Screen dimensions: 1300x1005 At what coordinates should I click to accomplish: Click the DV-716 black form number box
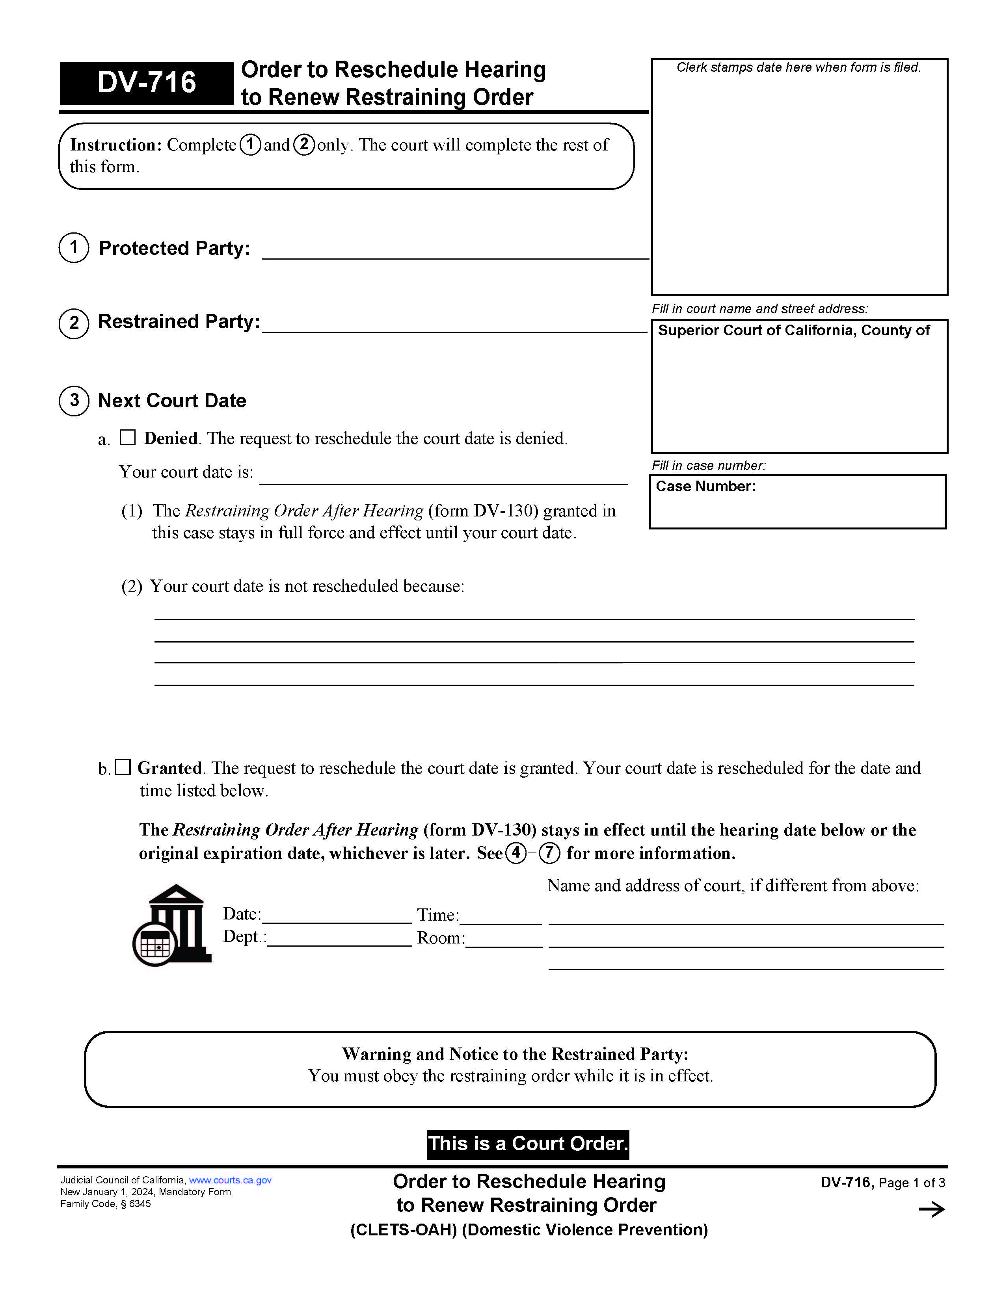point(147,83)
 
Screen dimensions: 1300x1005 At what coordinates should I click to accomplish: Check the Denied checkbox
point(127,438)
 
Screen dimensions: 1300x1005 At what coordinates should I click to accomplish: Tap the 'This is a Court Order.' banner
point(527,1144)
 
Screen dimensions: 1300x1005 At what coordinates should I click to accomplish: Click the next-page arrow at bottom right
point(931,1209)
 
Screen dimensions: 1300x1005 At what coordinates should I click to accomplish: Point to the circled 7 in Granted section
point(549,853)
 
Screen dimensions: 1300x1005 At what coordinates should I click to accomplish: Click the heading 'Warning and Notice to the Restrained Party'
point(515,1053)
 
